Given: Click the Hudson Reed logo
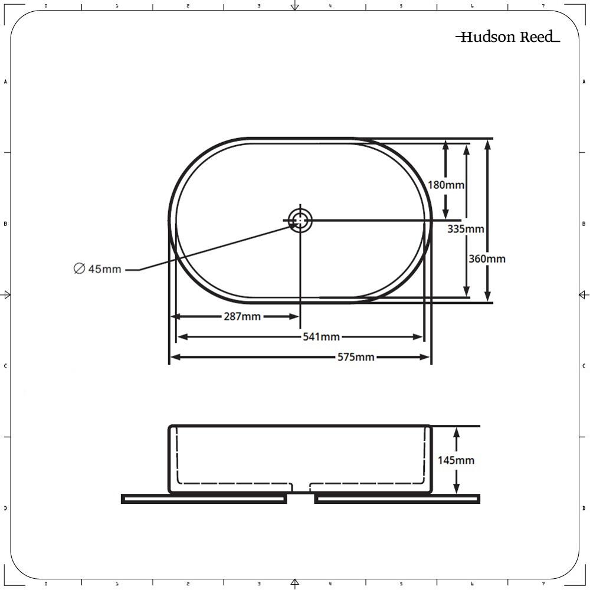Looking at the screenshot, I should (508, 38).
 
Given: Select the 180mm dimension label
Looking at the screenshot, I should (446, 185).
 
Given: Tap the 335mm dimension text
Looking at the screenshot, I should (466, 229).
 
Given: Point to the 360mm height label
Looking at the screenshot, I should (487, 258).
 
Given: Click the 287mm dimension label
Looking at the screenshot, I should (242, 317).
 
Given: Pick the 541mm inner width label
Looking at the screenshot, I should (321, 337).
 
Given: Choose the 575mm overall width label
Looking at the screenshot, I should (356, 357).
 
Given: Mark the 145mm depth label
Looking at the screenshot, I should (456, 460).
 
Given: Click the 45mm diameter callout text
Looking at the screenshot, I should (104, 270).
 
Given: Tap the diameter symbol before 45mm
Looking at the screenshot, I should (79, 269).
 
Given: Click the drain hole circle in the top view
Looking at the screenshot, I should (300, 221).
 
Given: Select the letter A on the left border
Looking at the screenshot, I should (5, 81).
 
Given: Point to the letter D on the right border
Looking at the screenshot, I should (584, 508).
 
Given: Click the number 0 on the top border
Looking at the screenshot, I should (46, 6).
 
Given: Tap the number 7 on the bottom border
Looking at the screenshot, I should (543, 584).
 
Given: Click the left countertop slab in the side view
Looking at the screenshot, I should (204, 499).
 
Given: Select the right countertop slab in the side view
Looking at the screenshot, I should (397, 499).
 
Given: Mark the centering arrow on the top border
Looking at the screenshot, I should (295, 6).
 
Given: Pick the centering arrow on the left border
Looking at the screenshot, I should (6, 294).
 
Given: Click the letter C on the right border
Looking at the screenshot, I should (584, 366).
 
